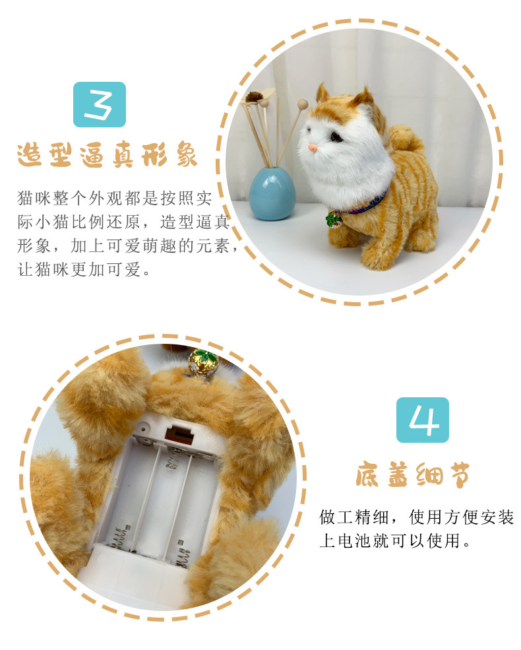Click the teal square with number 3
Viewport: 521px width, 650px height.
(x=100, y=104)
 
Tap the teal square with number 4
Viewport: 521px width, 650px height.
(x=423, y=420)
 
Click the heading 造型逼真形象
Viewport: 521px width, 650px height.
(x=107, y=155)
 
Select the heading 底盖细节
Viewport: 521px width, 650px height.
(x=413, y=474)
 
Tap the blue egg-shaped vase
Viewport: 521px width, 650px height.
(x=272, y=193)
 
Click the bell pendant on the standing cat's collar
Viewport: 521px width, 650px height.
(x=334, y=220)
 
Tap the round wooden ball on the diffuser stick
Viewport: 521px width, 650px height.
(x=303, y=104)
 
